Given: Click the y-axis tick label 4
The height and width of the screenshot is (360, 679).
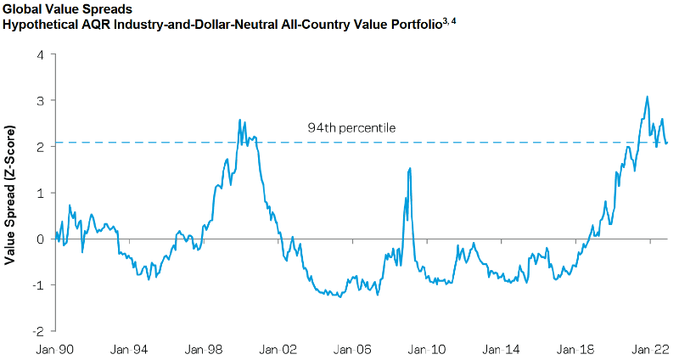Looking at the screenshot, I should pyautogui.click(x=39, y=55).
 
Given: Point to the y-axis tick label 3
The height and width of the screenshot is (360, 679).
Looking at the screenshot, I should pyautogui.click(x=39, y=101).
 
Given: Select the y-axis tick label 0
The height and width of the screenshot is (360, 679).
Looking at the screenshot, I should pyautogui.click(x=39, y=239).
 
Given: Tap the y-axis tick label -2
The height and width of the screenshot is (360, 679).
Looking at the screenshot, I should pyautogui.click(x=36, y=329).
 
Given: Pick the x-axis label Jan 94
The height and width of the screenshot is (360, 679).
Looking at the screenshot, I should pyautogui.click(x=130, y=348).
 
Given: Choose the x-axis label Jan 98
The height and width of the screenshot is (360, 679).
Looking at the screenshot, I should pyautogui.click(x=205, y=348).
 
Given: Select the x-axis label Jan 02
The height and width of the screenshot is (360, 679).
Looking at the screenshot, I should pyautogui.click(x=278, y=348).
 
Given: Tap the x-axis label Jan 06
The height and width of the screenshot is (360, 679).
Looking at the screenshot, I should pyautogui.click(x=353, y=348).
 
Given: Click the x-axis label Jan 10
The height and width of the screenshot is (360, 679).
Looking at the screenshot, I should pyautogui.click(x=427, y=348).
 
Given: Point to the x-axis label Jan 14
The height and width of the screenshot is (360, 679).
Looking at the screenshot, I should pyautogui.click(x=502, y=348).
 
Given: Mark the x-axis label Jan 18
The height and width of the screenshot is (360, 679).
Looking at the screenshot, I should pyautogui.click(x=576, y=348).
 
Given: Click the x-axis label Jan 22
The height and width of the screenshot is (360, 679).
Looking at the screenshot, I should pyautogui.click(x=650, y=348).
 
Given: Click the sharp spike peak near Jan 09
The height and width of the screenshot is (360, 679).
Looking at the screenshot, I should pyautogui.click(x=410, y=168).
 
